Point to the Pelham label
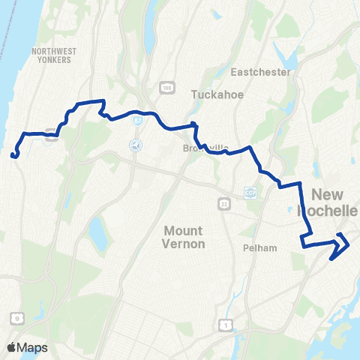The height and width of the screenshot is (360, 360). (260, 247)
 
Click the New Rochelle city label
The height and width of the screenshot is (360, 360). (335, 202)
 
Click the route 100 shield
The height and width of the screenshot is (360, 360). (166, 88)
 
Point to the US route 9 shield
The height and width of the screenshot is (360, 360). (16, 318)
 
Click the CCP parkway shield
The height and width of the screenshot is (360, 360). (250, 192)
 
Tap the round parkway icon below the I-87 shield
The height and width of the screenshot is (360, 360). (135, 145)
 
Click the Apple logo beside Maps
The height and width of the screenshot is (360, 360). (12, 347)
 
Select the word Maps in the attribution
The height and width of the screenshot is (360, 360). (33, 347)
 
